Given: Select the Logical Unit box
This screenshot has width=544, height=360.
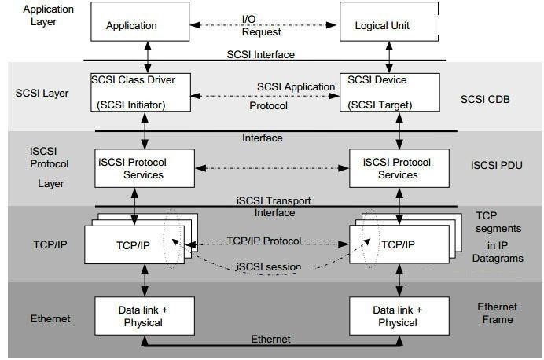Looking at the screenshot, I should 384,26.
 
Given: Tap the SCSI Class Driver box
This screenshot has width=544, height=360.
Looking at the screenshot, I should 142,92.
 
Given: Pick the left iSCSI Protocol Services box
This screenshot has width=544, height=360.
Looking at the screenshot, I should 144,168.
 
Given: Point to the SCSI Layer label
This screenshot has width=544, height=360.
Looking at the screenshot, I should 42,94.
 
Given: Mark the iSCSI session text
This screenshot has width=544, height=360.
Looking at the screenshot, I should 268,267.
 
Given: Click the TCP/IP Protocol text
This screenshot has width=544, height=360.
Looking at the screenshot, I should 265,241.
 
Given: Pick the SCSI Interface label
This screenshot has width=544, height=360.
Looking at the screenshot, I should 262,54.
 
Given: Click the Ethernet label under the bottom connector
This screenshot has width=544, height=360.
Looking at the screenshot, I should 270,339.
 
